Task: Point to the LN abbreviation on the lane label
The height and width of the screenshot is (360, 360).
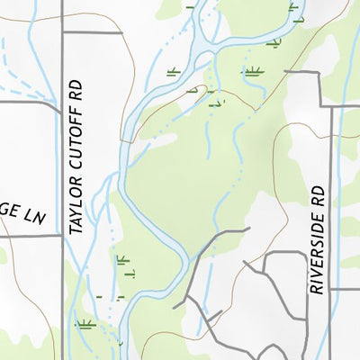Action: pos(33,217)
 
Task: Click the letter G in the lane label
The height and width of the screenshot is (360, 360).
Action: pos(5,217)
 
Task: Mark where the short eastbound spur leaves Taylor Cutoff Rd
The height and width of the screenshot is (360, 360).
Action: pos(62,32)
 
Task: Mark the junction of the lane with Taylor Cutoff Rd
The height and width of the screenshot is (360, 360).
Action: pos(62,236)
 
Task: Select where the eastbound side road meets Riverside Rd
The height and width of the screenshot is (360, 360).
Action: pos(331,290)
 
